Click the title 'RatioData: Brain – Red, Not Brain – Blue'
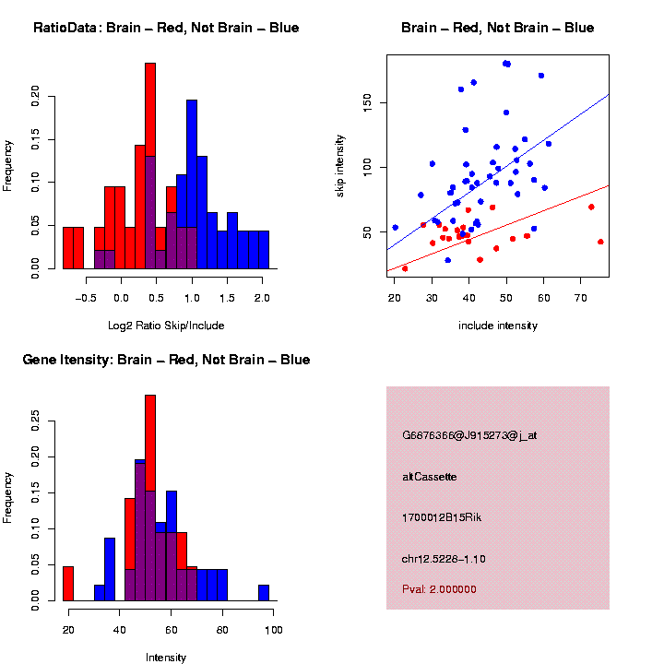click(x=166, y=28)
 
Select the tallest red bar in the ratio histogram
click(x=150, y=166)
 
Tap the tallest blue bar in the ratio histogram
click(x=192, y=184)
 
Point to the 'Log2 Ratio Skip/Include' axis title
click(x=166, y=326)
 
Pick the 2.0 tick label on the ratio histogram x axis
click(x=262, y=298)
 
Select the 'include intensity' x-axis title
click(x=498, y=326)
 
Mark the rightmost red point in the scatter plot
click(x=600, y=242)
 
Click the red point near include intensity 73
click(x=591, y=207)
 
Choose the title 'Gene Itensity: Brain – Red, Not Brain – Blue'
click(x=166, y=360)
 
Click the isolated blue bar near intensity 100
click(x=264, y=593)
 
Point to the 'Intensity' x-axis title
click(x=166, y=658)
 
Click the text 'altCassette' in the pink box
click(x=430, y=477)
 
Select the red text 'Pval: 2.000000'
click(x=439, y=588)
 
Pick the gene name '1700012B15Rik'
click(x=442, y=517)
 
